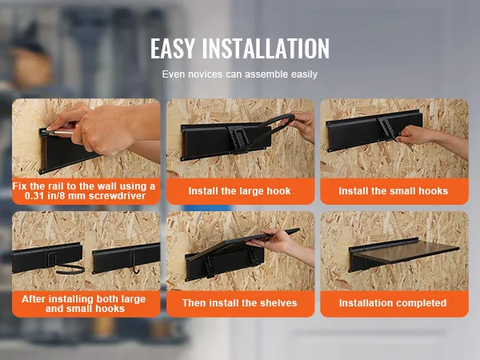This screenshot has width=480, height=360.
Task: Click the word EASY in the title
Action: click(173, 48)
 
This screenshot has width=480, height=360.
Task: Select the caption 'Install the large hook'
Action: click(239, 191)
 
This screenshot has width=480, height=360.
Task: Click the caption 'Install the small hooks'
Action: click(394, 191)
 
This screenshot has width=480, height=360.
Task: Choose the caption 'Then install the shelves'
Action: click(240, 303)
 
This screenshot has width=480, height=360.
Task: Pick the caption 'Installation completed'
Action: click(393, 303)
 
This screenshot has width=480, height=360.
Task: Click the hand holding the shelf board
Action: click(273, 242)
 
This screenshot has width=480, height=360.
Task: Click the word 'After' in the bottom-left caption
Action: click(34, 299)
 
